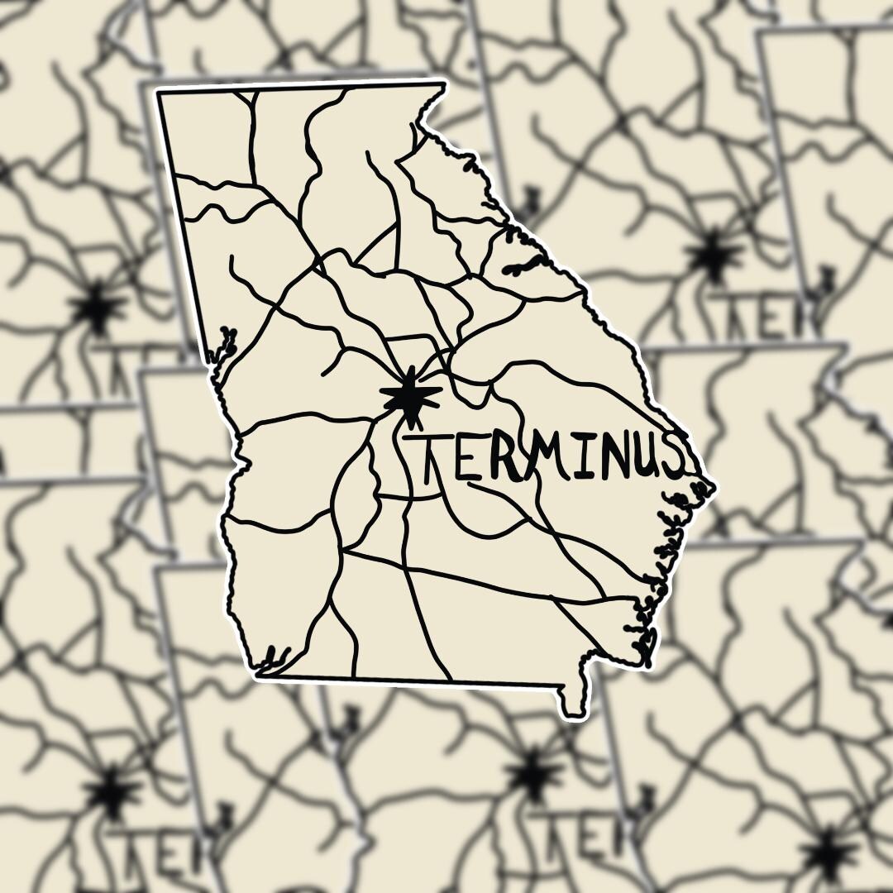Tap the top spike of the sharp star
(x=409, y=370)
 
